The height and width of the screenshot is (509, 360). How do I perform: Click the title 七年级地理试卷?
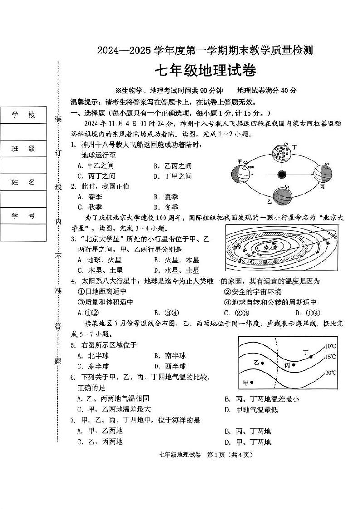coord(205,71)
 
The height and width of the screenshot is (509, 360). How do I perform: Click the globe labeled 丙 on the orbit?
coord(323,174)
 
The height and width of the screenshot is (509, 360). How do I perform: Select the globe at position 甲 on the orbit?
coord(241,173)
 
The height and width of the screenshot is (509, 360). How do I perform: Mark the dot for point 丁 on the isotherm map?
coord(311,357)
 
